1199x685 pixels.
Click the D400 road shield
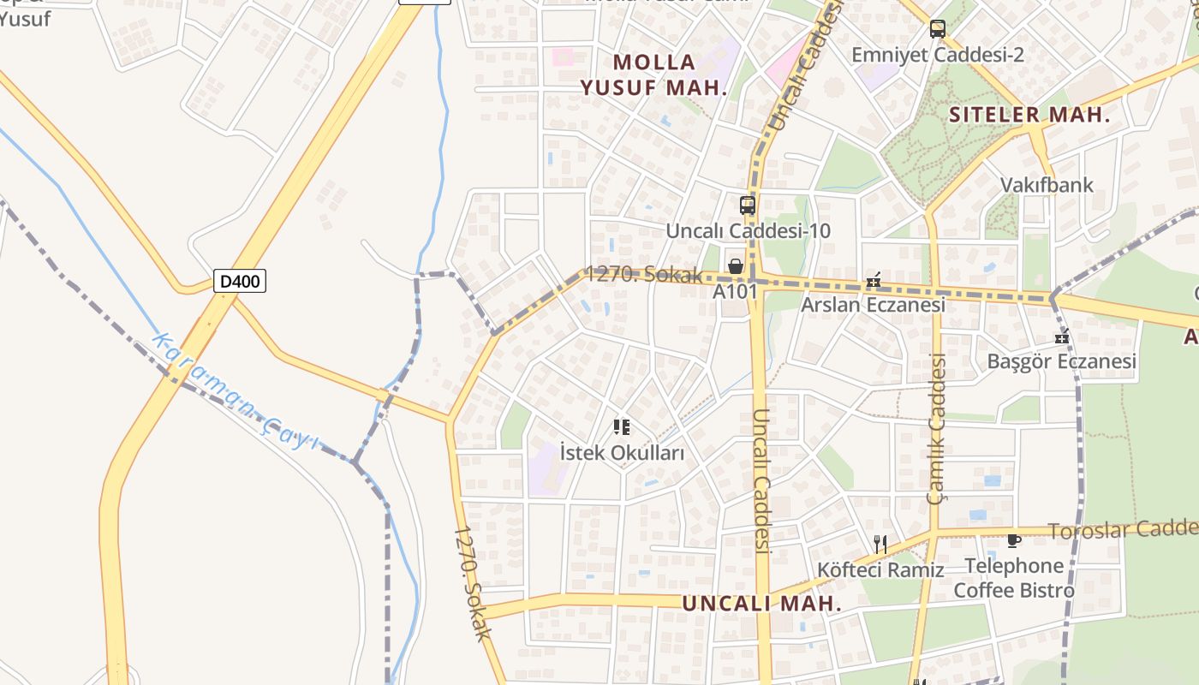point(239,281)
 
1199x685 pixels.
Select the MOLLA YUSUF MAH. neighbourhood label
point(654,74)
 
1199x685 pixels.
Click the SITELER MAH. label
point(1030,115)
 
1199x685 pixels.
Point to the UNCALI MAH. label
point(761,603)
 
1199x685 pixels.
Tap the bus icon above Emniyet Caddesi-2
point(938,29)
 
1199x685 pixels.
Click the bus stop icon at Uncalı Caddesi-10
point(748,205)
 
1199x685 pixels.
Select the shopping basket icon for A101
point(735,266)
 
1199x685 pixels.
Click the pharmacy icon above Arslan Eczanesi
point(874,280)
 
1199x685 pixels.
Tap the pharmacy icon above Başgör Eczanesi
point(1062,337)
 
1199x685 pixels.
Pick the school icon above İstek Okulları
point(622,426)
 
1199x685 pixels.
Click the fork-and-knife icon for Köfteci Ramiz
point(880,543)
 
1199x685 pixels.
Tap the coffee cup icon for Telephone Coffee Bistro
point(1014,540)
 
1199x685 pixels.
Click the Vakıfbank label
point(1047,185)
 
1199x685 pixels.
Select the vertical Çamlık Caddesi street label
point(937,428)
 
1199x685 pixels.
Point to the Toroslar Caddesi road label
point(1123,530)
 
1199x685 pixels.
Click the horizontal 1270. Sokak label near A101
point(644,275)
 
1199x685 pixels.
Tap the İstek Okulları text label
point(622,453)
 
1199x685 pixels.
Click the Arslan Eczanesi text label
point(873,305)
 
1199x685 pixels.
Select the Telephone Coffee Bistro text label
point(1014,578)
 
